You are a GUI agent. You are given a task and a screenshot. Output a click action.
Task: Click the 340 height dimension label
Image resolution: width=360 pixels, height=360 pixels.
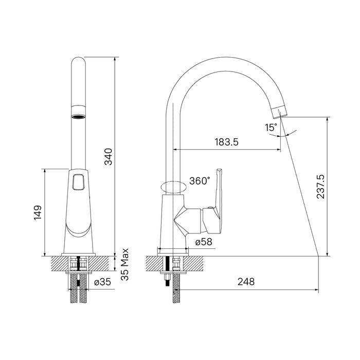[x=109, y=156]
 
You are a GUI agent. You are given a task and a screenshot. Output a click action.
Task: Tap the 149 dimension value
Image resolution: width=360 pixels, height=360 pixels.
[x=38, y=213]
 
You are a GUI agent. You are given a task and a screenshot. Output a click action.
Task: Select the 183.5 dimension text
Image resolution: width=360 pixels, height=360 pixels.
[x=226, y=142]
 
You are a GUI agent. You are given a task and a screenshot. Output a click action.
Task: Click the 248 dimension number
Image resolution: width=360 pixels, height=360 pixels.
[x=246, y=281]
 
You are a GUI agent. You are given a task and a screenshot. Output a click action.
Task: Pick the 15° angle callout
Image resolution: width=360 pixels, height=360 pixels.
[x=271, y=128]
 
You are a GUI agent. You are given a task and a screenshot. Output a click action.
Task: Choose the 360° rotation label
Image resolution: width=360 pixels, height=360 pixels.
[x=200, y=181]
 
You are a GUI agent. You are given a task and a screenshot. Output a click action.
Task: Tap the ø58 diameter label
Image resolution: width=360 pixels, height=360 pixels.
[x=204, y=242]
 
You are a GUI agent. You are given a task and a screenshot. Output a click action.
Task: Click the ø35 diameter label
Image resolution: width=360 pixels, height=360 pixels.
[x=102, y=282]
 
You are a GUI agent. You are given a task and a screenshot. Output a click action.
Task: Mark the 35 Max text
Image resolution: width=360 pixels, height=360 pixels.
[x=125, y=264]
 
